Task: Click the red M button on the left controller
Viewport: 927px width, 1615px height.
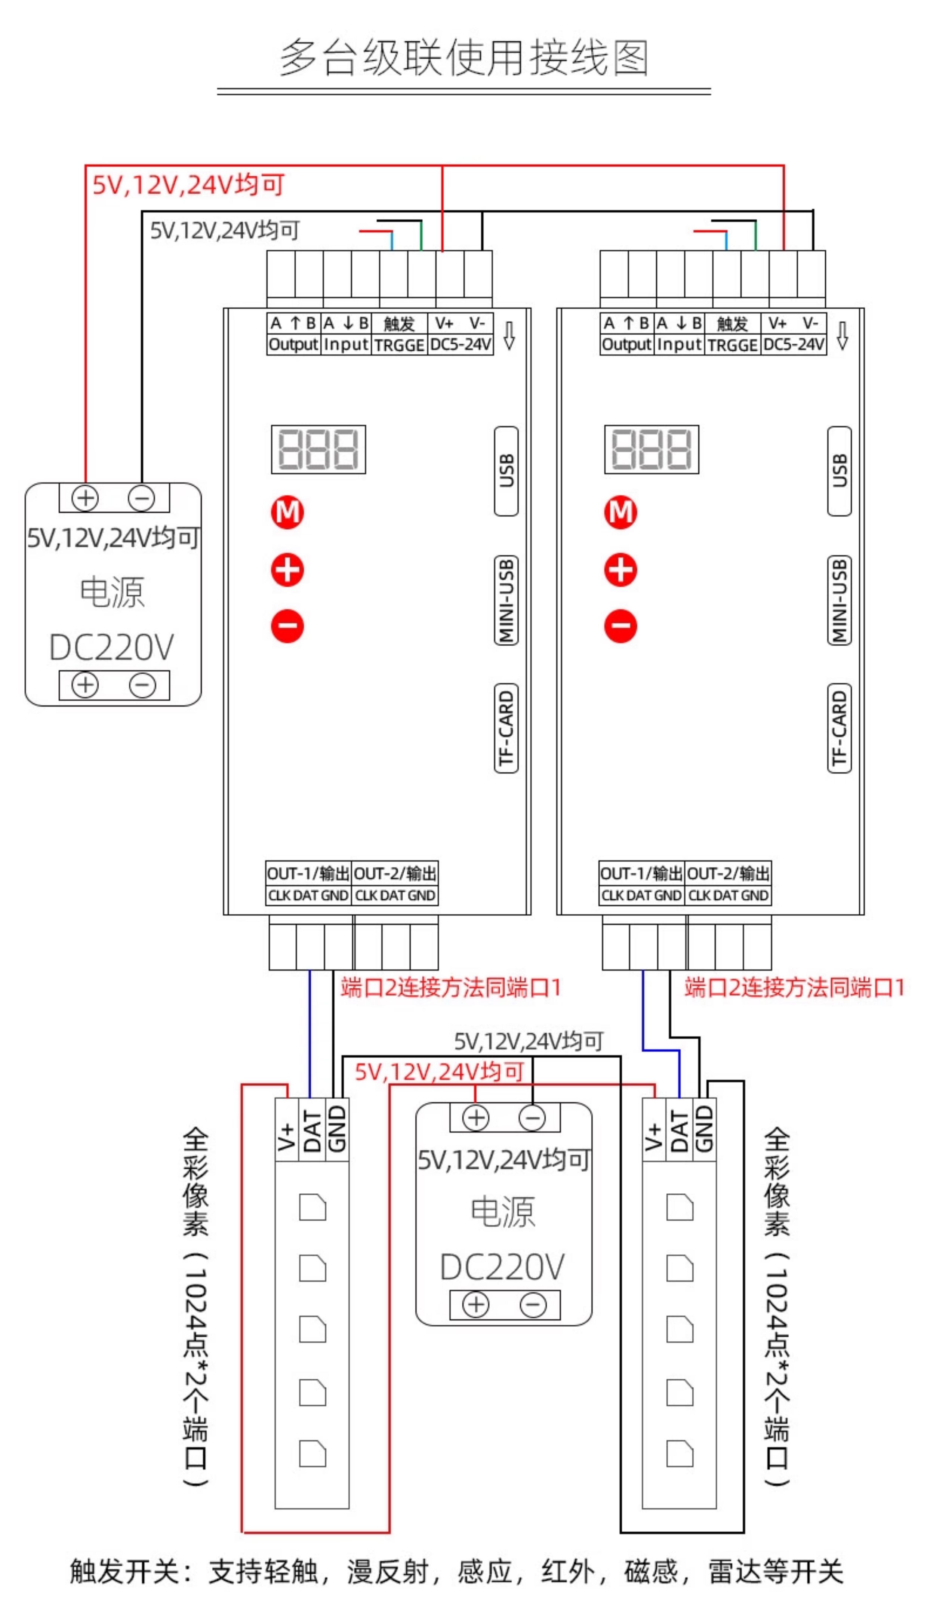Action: [x=287, y=513]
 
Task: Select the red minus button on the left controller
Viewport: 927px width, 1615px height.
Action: [x=287, y=626]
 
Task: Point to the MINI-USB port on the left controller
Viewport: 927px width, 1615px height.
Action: [x=506, y=600]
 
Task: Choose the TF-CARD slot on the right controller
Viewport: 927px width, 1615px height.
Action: [x=839, y=727]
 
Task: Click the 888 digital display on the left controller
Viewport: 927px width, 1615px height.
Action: [x=318, y=449]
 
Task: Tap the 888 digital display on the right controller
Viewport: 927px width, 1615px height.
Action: [x=651, y=449]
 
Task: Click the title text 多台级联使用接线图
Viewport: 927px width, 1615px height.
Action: [x=463, y=57]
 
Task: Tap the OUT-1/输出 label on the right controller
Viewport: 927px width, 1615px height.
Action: [x=641, y=873]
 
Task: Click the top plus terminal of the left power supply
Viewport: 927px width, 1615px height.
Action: [x=85, y=498]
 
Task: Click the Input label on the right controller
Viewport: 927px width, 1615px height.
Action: [x=679, y=344]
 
